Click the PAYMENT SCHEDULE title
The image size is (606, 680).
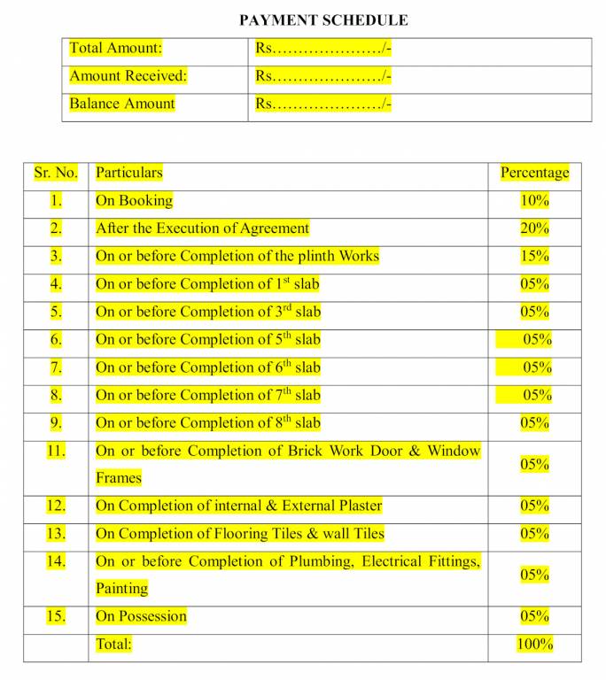324,19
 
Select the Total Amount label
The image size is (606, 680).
116,49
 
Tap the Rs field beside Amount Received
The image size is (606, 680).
323,76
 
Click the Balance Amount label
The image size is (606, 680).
122,104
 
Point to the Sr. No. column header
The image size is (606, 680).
56,173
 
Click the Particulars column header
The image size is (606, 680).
129,173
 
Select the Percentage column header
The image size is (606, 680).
534,173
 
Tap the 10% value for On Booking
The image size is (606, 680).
534,201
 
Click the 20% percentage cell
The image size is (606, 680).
534,228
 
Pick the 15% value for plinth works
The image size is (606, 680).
534,256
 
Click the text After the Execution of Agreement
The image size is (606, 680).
203,228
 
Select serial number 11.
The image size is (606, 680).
56,452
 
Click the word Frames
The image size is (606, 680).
119,478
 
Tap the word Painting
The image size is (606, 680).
122,588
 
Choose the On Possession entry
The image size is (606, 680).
142,616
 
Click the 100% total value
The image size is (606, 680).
534,645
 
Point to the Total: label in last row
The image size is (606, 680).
113,645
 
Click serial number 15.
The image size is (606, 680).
56,616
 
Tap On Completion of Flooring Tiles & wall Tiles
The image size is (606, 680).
240,534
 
